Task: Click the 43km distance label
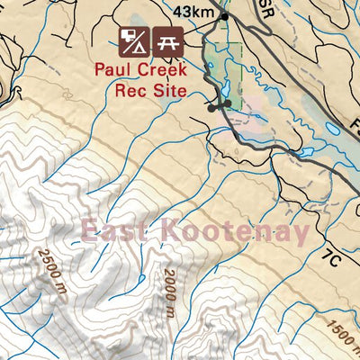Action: [x=195, y=12]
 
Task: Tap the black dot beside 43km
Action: [x=225, y=16]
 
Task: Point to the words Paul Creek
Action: [x=149, y=72]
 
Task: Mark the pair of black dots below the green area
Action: [x=220, y=105]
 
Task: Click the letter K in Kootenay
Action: [x=171, y=231]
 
